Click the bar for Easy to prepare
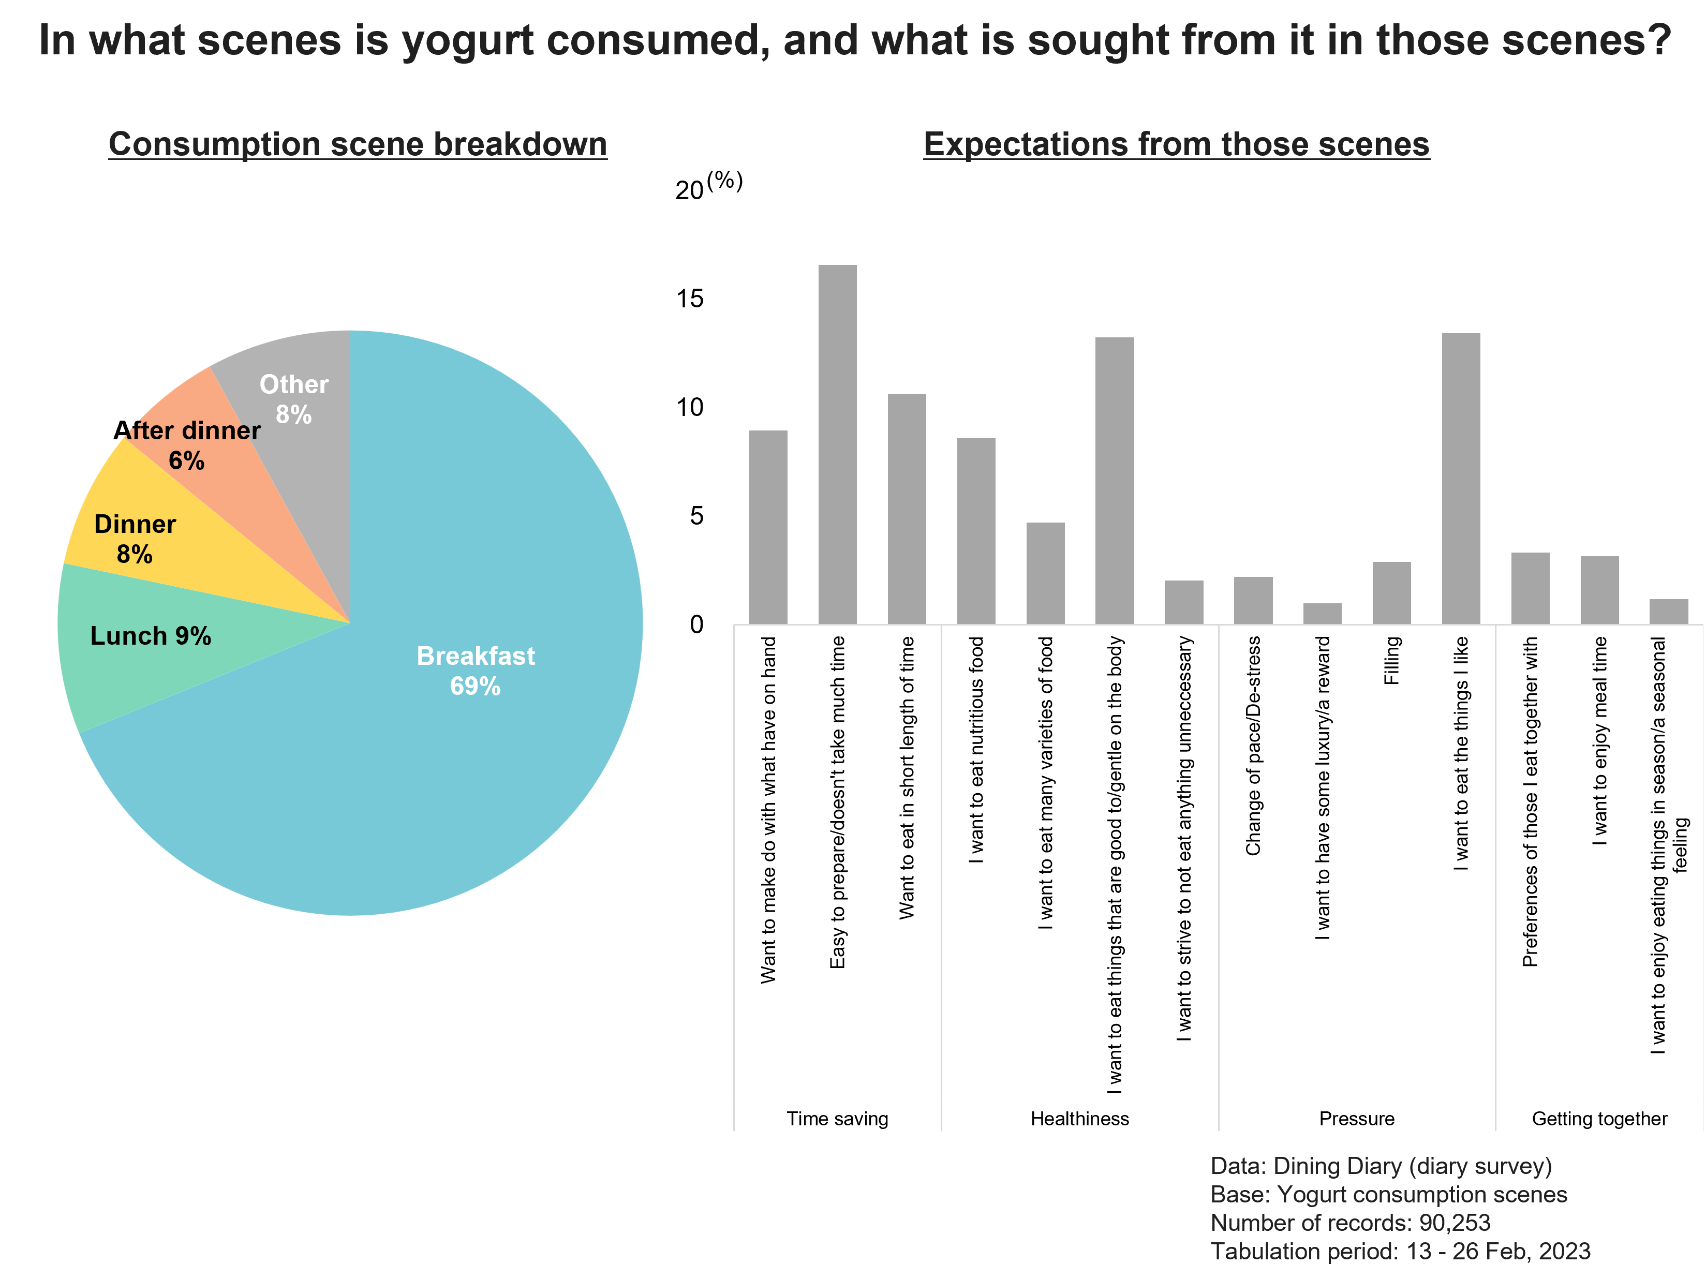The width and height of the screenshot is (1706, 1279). (x=838, y=444)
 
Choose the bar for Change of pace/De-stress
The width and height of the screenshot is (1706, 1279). (x=1253, y=600)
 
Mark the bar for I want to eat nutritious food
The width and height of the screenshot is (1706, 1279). (x=976, y=531)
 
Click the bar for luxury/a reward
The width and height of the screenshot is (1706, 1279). (x=1323, y=613)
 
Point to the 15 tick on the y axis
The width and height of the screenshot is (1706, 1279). (x=690, y=299)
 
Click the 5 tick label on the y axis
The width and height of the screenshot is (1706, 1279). (x=697, y=515)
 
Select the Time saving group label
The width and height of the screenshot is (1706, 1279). (x=838, y=1119)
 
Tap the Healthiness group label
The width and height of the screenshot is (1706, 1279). (x=1080, y=1119)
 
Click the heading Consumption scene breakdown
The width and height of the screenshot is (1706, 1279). (x=358, y=144)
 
